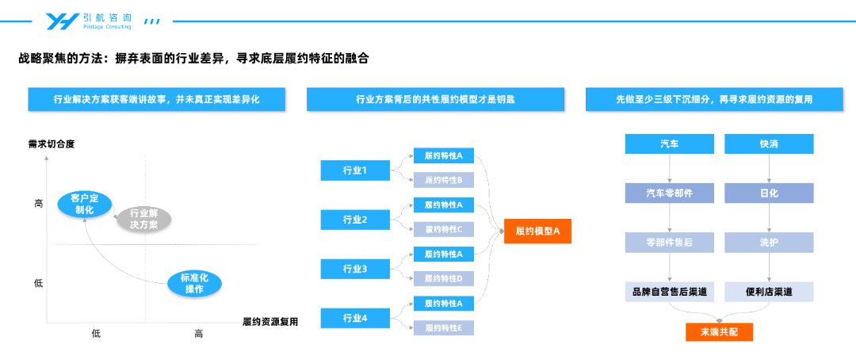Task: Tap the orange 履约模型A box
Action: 537,231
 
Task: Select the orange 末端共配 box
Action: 719,332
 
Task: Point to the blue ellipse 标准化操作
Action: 194,284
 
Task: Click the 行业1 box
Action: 355,170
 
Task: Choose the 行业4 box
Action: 355,319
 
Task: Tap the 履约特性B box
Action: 444,180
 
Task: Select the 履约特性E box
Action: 444,327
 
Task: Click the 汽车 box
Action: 669,144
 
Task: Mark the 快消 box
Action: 769,144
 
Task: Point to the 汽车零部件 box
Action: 669,193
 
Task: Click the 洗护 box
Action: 769,243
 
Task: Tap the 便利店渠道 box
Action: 769,292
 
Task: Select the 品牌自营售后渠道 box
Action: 669,292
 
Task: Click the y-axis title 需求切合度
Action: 51,145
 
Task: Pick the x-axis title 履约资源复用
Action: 270,321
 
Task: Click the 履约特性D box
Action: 444,278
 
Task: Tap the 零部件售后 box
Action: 669,243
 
